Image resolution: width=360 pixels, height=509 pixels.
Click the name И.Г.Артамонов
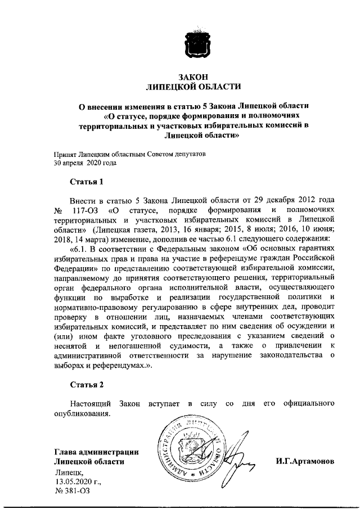click(x=304, y=461)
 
